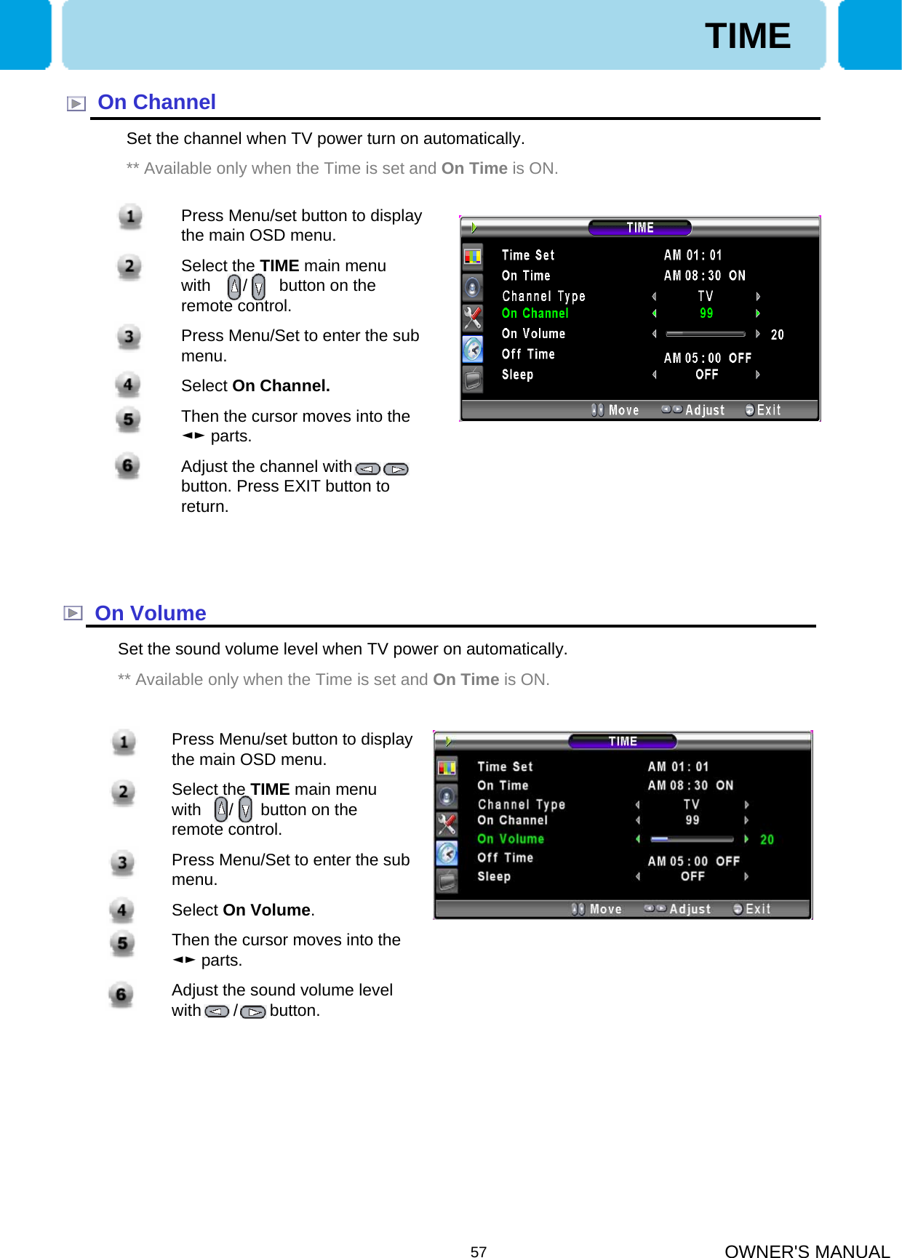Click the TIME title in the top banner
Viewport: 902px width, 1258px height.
pos(747,36)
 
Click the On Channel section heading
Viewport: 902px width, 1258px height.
pos(156,103)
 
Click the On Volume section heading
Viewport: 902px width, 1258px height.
pos(151,614)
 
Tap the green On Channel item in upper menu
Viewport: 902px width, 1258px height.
pos(535,313)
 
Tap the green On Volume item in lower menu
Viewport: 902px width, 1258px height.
pos(511,839)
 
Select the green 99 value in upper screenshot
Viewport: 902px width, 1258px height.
pos(706,313)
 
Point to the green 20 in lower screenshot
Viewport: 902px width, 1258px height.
pos(767,840)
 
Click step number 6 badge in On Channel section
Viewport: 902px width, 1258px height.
pos(128,465)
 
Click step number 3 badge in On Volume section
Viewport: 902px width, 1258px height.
pos(123,863)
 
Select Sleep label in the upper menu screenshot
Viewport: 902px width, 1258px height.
pos(517,374)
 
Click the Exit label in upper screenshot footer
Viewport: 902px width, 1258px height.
pos(768,410)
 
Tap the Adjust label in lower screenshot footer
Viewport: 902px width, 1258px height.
pos(690,909)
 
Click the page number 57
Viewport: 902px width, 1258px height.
pos(478,1251)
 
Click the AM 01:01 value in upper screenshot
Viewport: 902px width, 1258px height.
pos(693,255)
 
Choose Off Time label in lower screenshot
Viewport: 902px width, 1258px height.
pos(505,858)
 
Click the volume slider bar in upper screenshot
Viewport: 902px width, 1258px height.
pos(705,334)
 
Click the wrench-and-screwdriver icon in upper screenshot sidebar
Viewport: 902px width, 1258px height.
pos(473,318)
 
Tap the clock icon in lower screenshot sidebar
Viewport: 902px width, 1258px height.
pos(447,853)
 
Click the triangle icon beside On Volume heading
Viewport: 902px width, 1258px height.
pos(73,614)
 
